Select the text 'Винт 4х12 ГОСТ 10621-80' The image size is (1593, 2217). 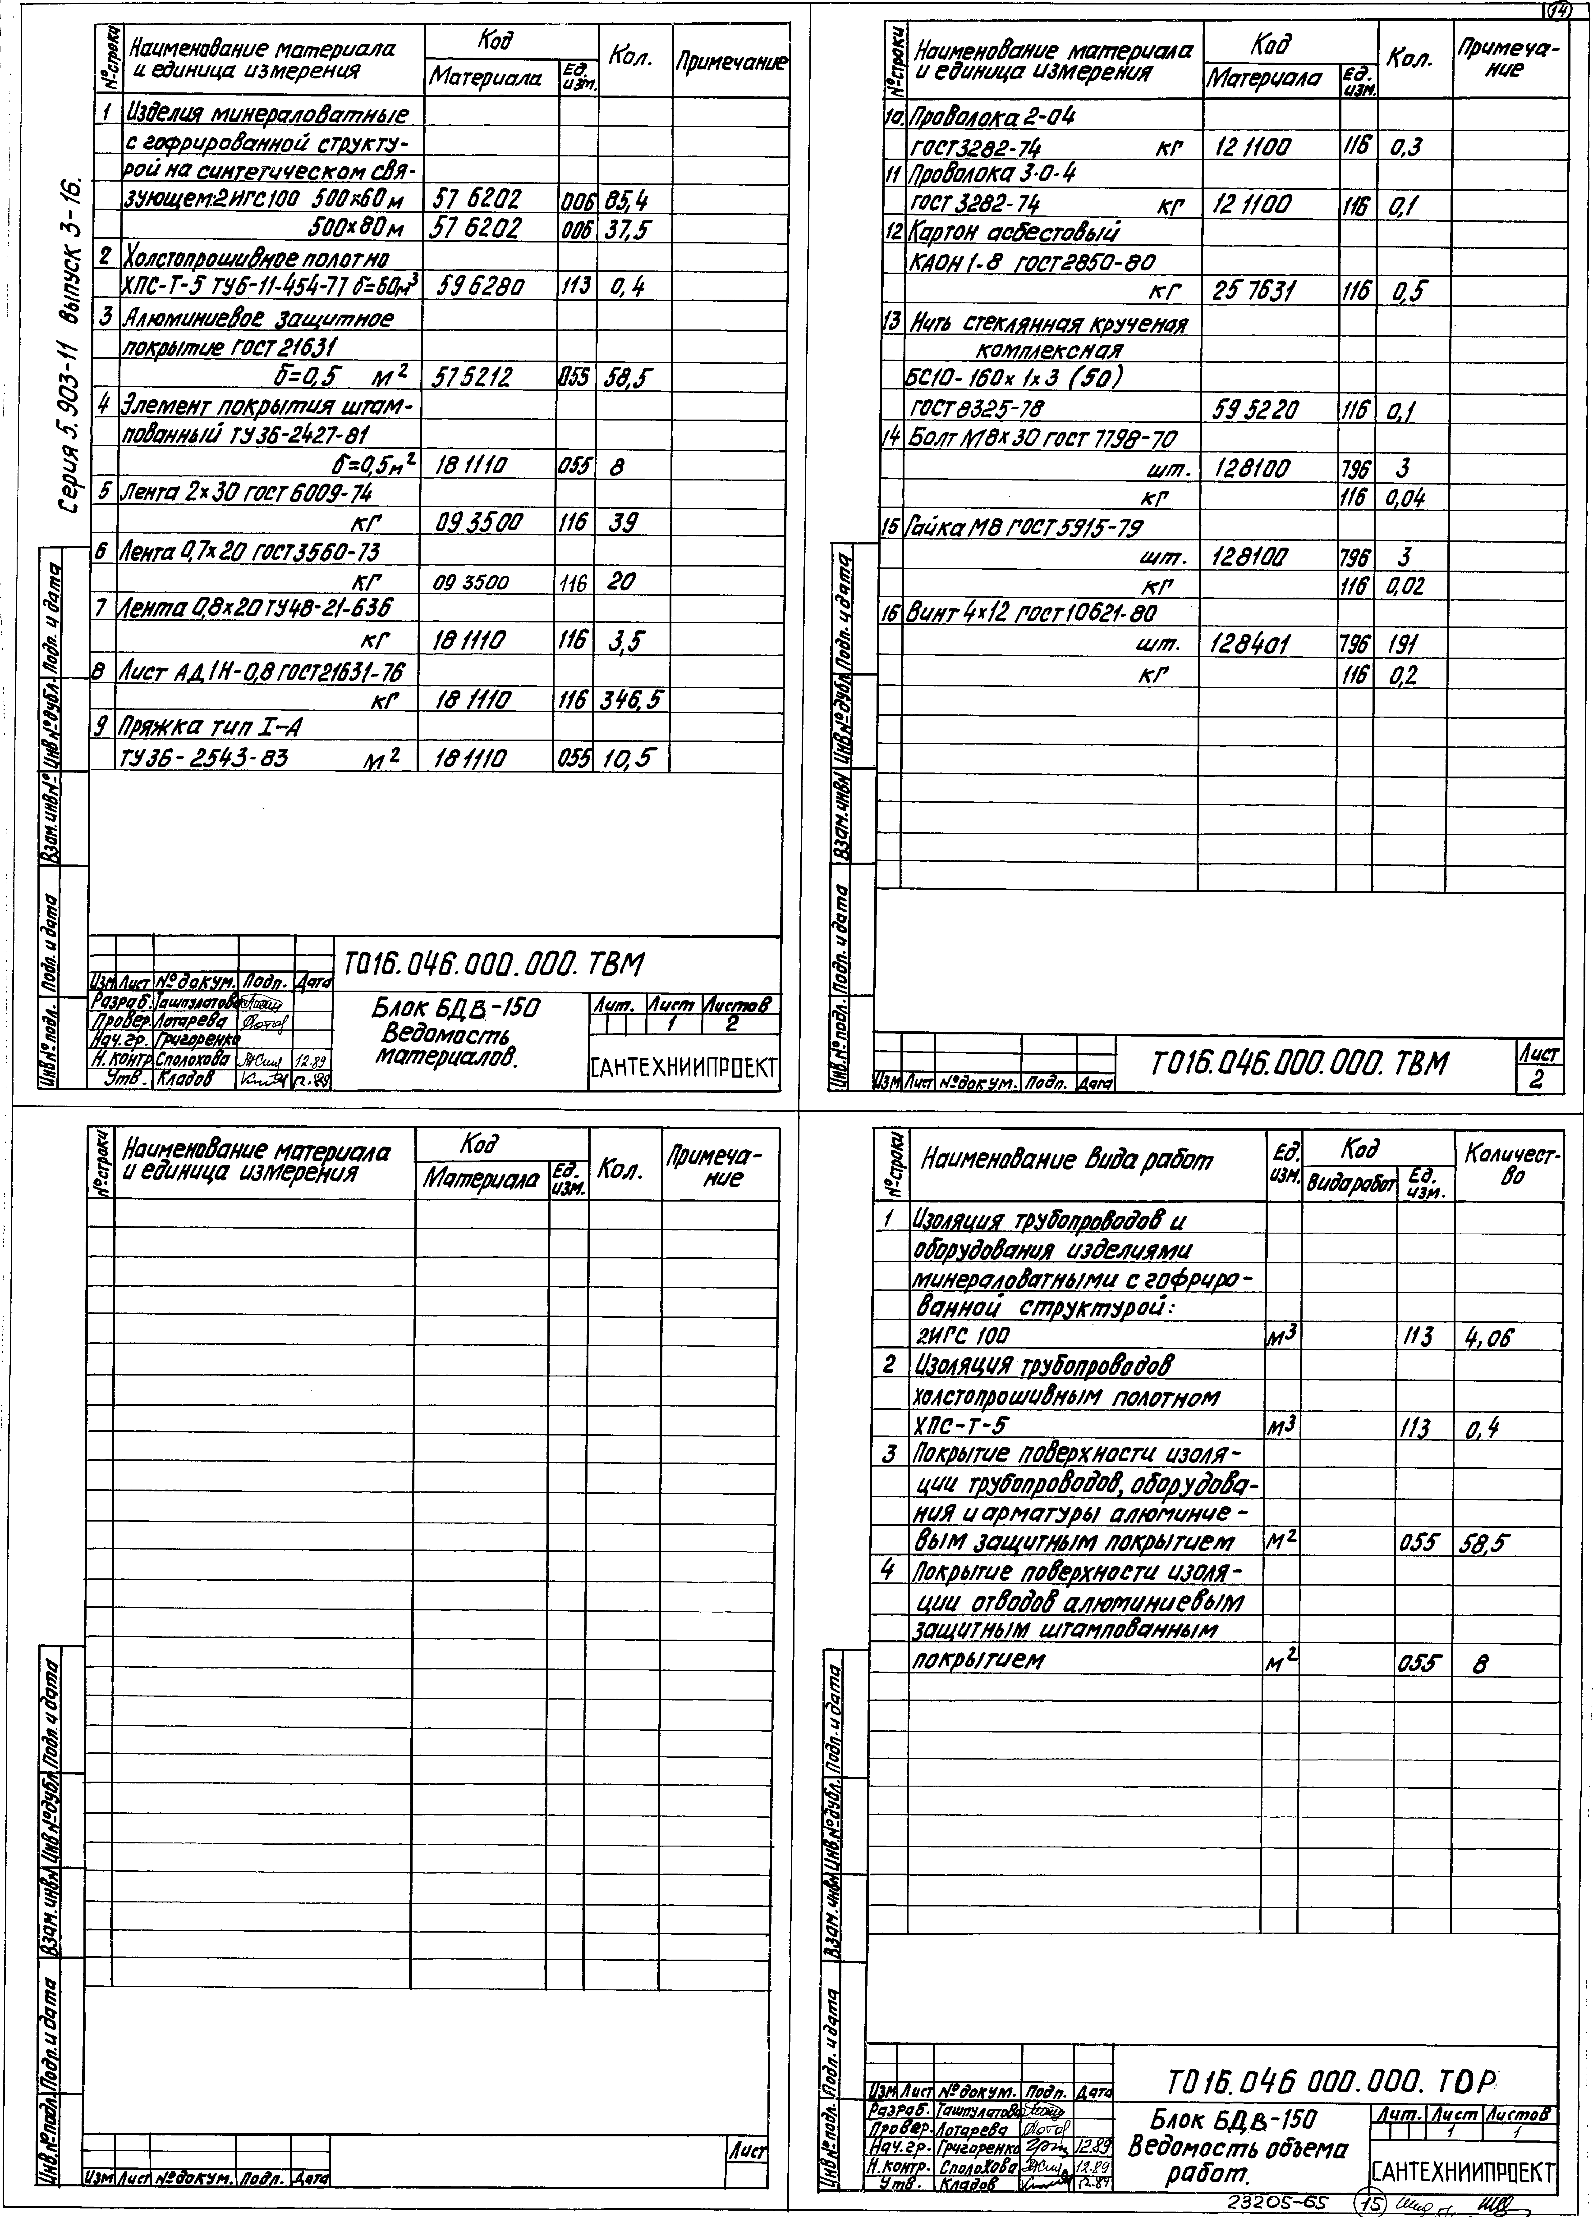point(1032,614)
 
